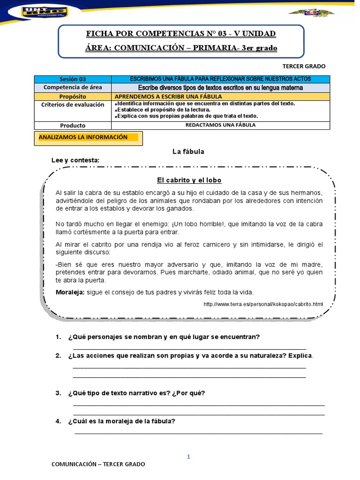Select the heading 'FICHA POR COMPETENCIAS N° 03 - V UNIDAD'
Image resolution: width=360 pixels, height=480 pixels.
coord(181,34)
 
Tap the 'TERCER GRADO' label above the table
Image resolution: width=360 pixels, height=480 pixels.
coord(304,66)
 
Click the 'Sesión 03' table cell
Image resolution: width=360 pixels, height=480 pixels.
coord(73,79)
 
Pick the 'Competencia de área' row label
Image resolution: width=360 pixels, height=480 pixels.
coord(73,88)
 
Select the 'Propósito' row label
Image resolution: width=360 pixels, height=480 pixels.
coord(73,96)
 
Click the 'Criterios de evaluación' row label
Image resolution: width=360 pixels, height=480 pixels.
coord(73,105)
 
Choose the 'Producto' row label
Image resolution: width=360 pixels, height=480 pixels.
coord(73,126)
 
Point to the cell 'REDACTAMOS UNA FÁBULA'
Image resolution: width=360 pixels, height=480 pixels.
coord(220,125)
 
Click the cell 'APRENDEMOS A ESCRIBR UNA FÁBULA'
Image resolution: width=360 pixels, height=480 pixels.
coord(162,96)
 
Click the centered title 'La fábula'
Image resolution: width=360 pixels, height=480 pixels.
coord(188,151)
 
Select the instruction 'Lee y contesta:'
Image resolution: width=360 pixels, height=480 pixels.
coord(75,160)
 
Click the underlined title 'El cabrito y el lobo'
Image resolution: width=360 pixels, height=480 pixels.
coord(188,180)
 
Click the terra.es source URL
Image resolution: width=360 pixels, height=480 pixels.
coord(263,304)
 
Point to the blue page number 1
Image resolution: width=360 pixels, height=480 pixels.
coord(188,457)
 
